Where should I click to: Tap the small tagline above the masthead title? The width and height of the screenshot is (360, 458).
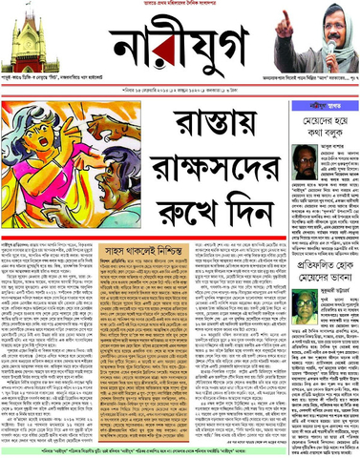pyautogui.click(x=180, y=5)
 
